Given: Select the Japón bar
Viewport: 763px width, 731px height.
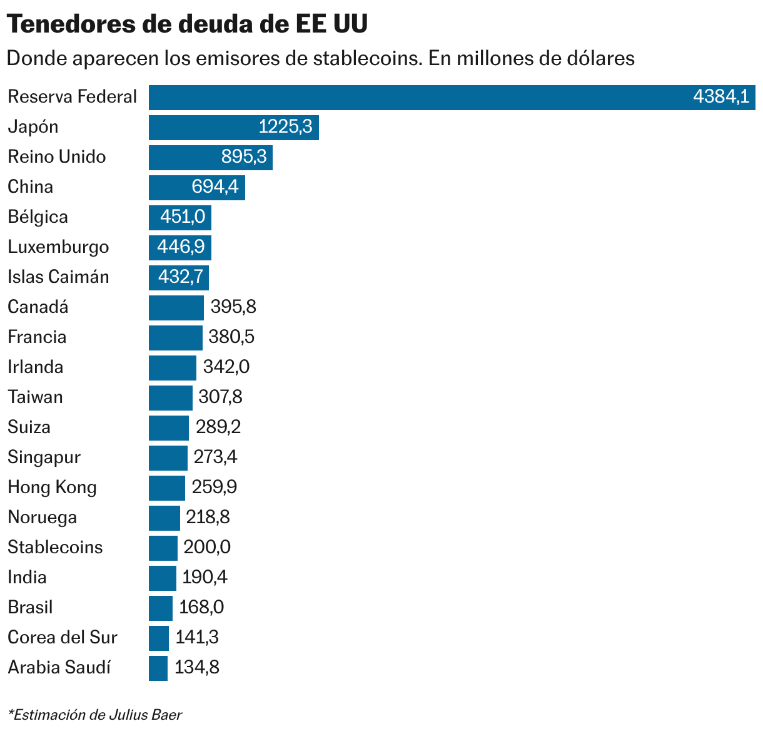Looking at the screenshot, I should pos(233,128).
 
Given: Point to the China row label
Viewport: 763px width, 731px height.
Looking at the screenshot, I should pos(30,187).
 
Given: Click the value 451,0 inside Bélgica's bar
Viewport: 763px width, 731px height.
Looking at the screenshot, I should pos(183,217).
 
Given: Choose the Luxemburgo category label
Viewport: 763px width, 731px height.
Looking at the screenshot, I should pos(58,247).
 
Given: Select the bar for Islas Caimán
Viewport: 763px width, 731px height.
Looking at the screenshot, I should pos(178,277).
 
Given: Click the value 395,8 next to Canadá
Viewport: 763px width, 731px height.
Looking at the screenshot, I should pos(233,307).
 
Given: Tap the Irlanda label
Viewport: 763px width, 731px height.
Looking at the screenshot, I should pos(36,367).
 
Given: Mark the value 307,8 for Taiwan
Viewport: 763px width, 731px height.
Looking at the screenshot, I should pos(220,397).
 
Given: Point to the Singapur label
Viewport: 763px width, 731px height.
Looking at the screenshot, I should pos(44,458).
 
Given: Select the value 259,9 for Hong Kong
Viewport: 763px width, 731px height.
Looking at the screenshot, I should pos(215,488).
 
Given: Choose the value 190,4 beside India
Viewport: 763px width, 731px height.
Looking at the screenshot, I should pos(205,578).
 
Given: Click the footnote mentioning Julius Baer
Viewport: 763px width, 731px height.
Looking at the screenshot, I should pos(94,715).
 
